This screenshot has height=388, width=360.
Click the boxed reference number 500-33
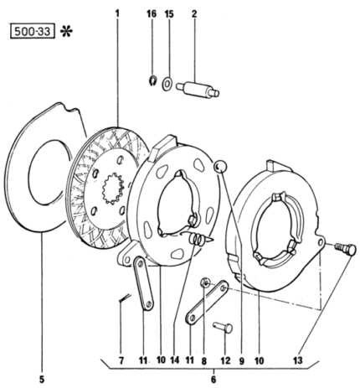[x=33, y=31]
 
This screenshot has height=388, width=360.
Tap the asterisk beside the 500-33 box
[x=66, y=31]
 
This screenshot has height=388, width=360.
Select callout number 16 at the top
[x=152, y=14]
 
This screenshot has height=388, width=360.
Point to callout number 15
[x=169, y=14]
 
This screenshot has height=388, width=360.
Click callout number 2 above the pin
[x=194, y=14]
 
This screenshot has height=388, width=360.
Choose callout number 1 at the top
[x=117, y=13]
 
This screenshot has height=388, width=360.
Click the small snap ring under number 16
[x=152, y=80]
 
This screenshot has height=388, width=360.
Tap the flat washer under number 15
[x=167, y=84]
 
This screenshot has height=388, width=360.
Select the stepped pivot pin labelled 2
[x=198, y=89]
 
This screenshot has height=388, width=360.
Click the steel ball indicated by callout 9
[x=220, y=167]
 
